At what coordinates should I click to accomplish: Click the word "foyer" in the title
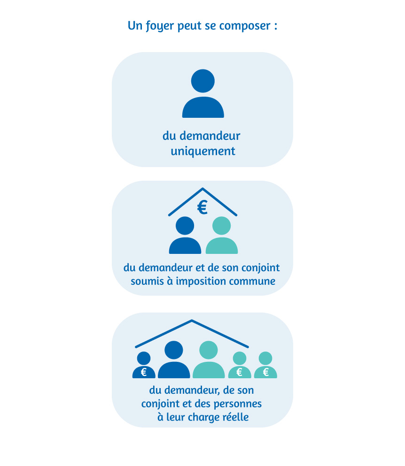[158, 26]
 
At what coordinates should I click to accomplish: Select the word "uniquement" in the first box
[202, 152]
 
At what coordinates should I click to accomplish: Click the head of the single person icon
[203, 81]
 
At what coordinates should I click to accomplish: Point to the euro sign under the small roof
[202, 207]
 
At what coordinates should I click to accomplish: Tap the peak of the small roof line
[202, 189]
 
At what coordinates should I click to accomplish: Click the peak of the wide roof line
[192, 321]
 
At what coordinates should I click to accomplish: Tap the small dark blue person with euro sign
[144, 366]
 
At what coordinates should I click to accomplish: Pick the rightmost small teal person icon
[265, 366]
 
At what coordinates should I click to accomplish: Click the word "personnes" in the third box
[238, 404]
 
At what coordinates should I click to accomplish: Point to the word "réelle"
[235, 417]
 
